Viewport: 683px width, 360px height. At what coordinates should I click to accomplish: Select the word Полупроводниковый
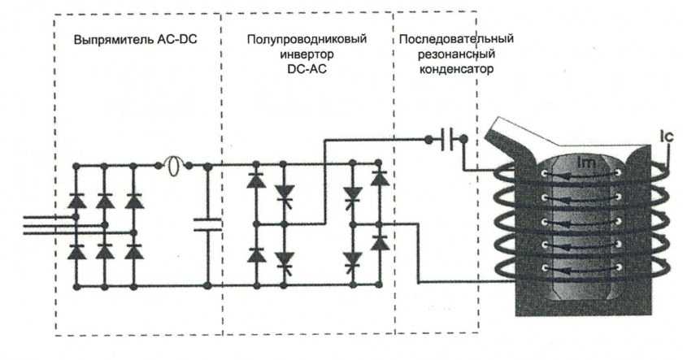click(x=306, y=39)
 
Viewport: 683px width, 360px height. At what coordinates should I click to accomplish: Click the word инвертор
click(x=306, y=54)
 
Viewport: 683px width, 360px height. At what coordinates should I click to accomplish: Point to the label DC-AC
click(x=306, y=68)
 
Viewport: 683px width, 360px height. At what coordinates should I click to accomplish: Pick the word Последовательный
click(x=455, y=39)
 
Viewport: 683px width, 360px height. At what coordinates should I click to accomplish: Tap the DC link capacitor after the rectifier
click(x=208, y=224)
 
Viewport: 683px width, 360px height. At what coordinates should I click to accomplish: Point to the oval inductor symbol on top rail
click(x=172, y=166)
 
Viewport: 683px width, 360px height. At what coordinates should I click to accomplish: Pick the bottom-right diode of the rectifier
click(x=133, y=252)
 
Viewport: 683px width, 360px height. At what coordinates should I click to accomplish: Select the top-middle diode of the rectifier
click(x=105, y=199)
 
